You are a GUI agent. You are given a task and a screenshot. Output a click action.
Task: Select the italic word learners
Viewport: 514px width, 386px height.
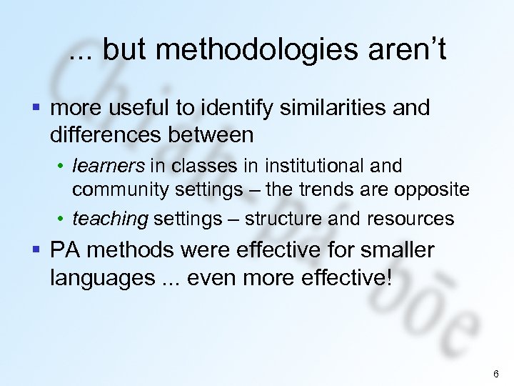[x=109, y=167]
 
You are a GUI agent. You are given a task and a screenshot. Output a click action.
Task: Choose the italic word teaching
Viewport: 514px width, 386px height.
[x=110, y=219]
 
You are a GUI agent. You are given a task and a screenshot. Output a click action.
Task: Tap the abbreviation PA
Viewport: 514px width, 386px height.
[x=64, y=250]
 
